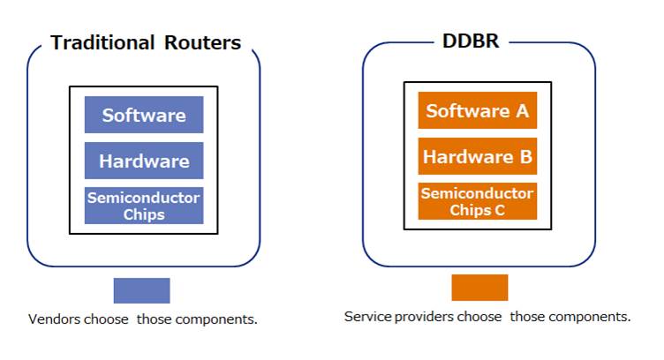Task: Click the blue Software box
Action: [144, 115]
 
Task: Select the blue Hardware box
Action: [144, 161]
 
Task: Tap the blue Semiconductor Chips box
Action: [144, 205]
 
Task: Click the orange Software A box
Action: [478, 110]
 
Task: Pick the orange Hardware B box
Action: [478, 157]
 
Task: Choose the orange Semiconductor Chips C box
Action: [478, 201]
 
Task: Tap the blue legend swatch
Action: [141, 290]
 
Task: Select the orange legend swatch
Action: [479, 288]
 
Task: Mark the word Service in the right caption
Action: [366, 316]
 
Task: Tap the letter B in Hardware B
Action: [524, 157]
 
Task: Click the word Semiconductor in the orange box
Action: [478, 193]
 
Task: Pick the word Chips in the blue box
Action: [144, 214]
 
